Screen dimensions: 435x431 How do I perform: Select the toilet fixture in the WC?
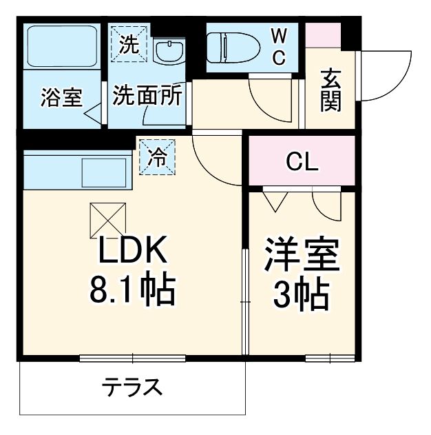point(234,47)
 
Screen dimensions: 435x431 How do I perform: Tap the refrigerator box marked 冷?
point(158,157)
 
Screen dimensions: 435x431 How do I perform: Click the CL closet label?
point(302,163)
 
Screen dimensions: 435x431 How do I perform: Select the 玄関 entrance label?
point(330,91)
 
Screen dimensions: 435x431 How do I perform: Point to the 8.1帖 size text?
point(132,291)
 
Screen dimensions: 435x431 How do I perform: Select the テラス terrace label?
point(133,387)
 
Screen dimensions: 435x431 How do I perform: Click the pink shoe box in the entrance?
point(323,35)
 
